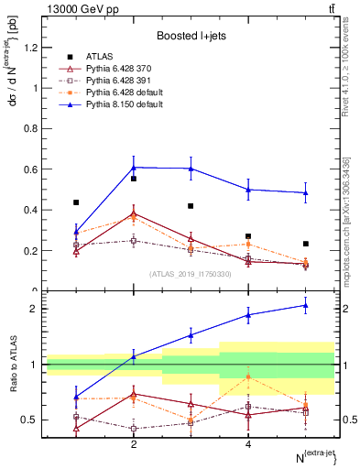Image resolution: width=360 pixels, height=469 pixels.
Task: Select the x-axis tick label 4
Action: click(248, 444)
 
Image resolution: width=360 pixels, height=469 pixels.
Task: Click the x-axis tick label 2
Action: click(134, 444)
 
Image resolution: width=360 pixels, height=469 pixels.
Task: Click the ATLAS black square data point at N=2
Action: click(134, 179)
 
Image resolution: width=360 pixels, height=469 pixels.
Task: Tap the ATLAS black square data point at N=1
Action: click(76, 202)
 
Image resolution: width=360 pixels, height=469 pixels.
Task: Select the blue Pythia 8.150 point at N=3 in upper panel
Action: click(191, 169)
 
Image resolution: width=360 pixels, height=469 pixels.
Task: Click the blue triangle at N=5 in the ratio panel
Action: click(305, 305)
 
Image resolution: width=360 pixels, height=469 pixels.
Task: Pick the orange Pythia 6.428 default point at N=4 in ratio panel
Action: click(248, 376)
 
